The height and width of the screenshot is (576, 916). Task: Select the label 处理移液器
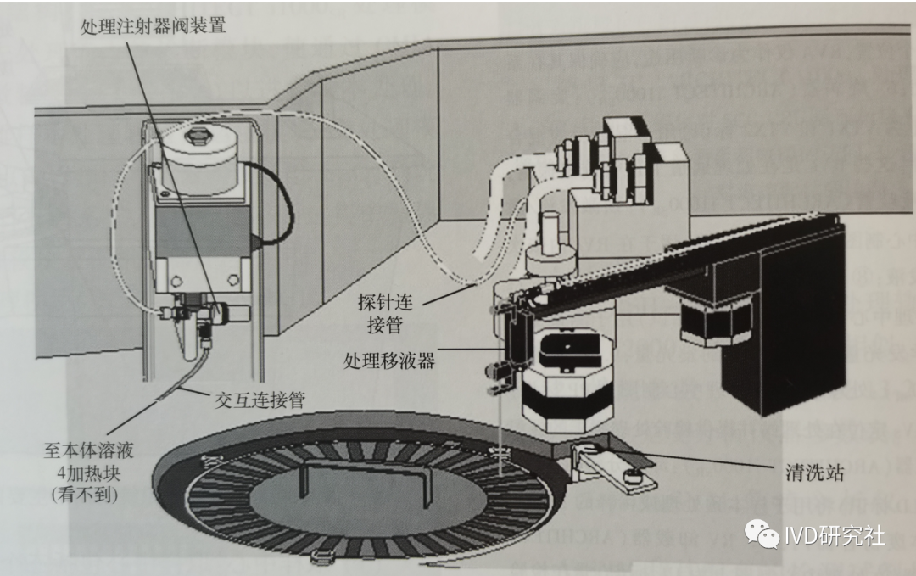(389, 361)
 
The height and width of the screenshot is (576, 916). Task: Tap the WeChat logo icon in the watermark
(762, 535)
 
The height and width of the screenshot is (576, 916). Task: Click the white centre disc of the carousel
(356, 501)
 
